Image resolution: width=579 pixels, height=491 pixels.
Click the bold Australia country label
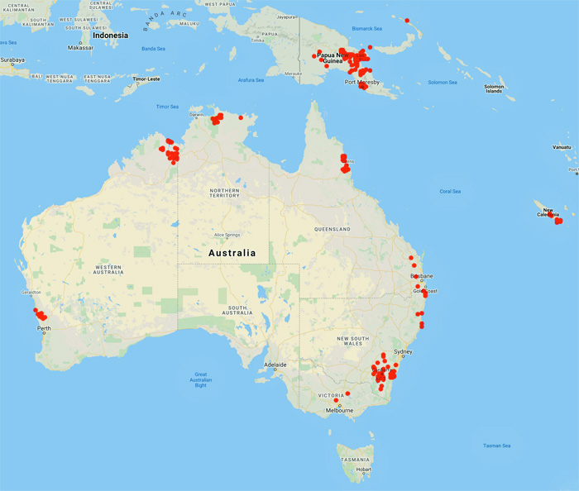232,253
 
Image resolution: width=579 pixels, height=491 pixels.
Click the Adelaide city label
275,365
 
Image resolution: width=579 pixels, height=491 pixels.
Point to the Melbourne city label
339,410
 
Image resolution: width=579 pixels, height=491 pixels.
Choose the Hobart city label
364,469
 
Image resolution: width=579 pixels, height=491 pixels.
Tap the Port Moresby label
362,82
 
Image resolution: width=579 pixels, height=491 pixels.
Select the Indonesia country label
110,36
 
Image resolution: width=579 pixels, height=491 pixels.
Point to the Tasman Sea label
497,446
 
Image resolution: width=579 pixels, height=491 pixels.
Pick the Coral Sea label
450,191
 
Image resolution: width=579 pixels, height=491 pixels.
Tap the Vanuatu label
562,147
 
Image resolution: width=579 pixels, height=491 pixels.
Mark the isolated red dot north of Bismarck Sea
407,21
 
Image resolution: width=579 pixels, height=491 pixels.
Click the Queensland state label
333,228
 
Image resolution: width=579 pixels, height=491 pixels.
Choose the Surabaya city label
12,60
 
